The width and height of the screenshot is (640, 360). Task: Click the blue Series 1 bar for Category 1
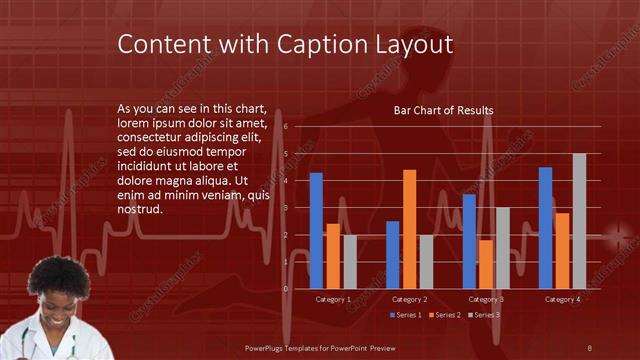pos(316,230)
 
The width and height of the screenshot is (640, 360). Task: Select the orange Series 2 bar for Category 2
pos(409,229)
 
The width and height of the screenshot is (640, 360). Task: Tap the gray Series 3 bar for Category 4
pos(579,221)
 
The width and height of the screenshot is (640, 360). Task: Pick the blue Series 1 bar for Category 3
pos(469,241)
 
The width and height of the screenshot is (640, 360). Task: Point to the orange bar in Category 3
pos(485,264)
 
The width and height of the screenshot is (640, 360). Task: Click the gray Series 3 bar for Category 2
pos(426,261)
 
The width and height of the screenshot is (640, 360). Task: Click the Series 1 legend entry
pos(406,315)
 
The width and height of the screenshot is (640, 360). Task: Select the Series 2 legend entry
pos(444,315)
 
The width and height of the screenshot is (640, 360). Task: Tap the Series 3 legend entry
pos(484,315)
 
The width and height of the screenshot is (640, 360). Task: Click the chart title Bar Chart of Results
pos(443,110)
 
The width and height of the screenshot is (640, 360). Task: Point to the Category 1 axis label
pos(333,299)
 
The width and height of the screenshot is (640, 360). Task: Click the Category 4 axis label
pos(562,299)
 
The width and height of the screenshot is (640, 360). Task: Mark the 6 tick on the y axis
pos(286,127)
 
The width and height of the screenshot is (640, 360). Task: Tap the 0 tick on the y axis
pos(286,289)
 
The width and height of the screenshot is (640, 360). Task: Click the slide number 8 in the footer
pos(589,347)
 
